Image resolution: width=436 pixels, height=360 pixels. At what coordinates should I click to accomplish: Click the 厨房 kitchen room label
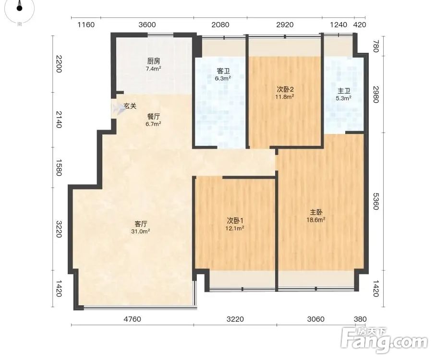coord(154,61)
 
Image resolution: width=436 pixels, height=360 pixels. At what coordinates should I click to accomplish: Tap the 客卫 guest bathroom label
coord(223,71)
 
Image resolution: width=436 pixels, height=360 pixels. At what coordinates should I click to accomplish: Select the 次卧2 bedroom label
coord(285,89)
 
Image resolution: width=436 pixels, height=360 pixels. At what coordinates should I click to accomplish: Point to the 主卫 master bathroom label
coord(344,91)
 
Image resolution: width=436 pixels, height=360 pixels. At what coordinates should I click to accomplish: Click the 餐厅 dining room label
coord(154,117)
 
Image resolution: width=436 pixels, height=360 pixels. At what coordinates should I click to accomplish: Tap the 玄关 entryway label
coord(130,106)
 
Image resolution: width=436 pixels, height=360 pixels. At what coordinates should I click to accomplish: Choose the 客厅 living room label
coord(141,224)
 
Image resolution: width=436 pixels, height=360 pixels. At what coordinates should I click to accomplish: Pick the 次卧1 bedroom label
coord(235,221)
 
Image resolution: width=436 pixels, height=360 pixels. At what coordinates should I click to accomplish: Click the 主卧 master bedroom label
coord(316,212)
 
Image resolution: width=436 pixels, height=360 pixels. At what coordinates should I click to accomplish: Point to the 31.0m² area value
coord(141,231)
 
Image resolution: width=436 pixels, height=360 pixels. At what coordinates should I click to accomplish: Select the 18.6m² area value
coord(316,220)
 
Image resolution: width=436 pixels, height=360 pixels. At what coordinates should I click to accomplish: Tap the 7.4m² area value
coord(154,69)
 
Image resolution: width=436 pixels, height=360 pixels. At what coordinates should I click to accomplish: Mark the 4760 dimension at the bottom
coord(133,319)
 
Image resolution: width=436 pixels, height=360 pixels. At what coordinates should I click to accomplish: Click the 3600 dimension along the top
coord(147,25)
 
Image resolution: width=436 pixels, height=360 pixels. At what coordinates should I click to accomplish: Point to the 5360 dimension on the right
coord(375,201)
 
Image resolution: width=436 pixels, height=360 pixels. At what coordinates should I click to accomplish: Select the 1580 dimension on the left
coord(59,168)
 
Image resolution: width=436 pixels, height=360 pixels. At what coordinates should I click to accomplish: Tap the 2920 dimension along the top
coord(285,25)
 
